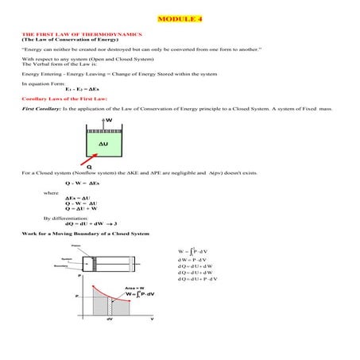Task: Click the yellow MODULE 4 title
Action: click(180, 17)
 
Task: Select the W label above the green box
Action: click(109, 120)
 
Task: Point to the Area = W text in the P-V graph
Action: click(133, 287)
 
